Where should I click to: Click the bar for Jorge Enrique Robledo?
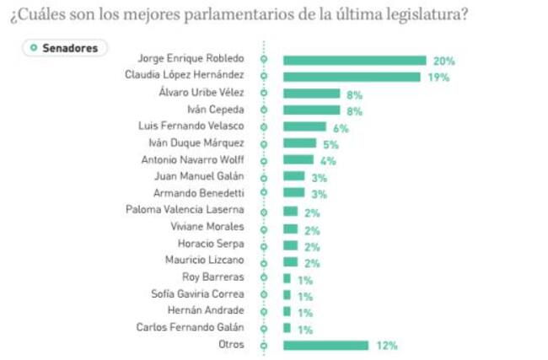tap(354, 60)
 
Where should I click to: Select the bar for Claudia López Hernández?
tap(352, 77)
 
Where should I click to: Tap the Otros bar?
tap(325, 345)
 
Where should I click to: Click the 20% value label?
tap(443, 61)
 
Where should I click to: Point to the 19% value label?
tap(438, 77)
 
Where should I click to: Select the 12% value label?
tap(387, 345)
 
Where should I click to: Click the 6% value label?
tap(341, 127)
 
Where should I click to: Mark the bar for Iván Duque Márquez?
tap(299, 143)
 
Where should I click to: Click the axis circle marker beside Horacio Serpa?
tap(264, 244)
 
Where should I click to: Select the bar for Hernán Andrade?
tap(287, 311)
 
